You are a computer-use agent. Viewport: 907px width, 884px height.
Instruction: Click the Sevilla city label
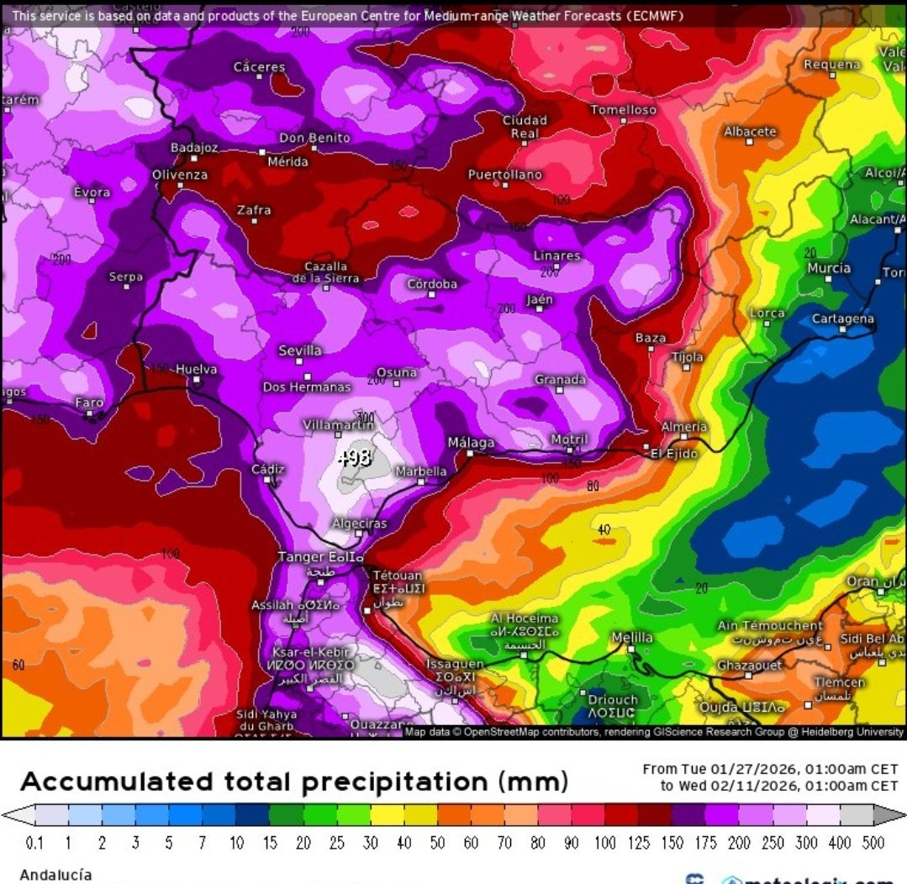300,350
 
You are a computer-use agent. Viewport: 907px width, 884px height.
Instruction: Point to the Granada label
560,380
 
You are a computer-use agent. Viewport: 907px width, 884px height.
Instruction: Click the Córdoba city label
432,283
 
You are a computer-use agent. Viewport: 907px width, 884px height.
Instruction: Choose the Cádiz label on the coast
268,469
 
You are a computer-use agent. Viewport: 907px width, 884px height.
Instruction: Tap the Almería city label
683,427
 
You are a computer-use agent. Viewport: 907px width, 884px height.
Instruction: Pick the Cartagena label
842,319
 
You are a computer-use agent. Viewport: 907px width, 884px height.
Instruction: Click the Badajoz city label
194,147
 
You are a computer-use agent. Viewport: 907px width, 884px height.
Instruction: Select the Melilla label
631,638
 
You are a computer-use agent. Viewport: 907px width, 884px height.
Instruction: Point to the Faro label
89,403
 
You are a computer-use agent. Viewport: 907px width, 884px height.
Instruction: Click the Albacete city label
750,132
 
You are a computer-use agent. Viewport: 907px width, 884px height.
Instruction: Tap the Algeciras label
360,524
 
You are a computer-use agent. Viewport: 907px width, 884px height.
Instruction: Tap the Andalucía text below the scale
55,875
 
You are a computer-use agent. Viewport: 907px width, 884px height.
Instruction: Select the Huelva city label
196,369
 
